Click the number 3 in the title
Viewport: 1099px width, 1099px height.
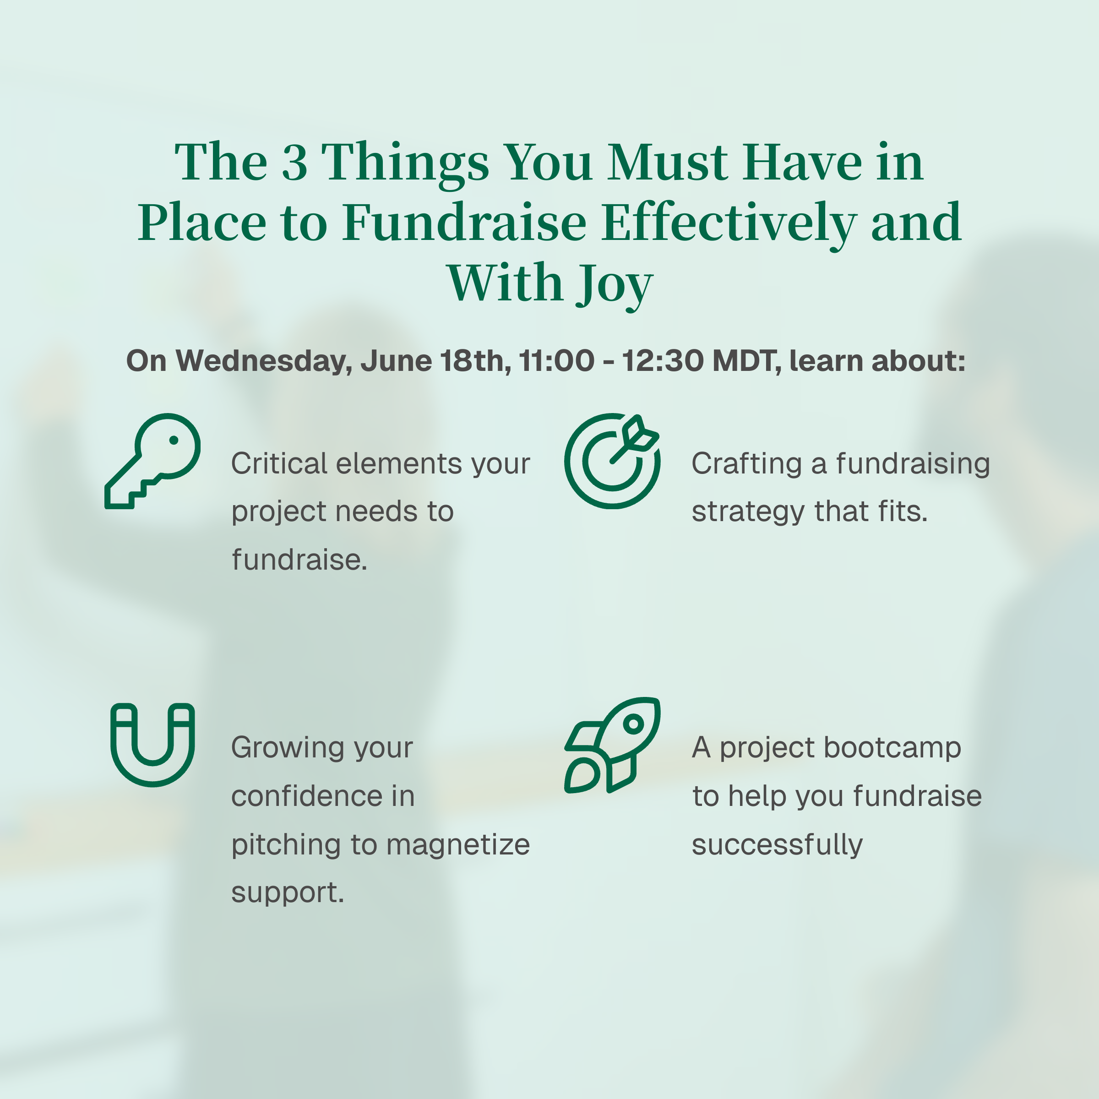[294, 163]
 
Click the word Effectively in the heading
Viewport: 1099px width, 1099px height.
[729, 223]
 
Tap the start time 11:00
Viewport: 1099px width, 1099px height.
[557, 361]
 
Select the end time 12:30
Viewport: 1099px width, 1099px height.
[663, 361]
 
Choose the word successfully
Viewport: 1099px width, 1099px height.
[777, 845]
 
